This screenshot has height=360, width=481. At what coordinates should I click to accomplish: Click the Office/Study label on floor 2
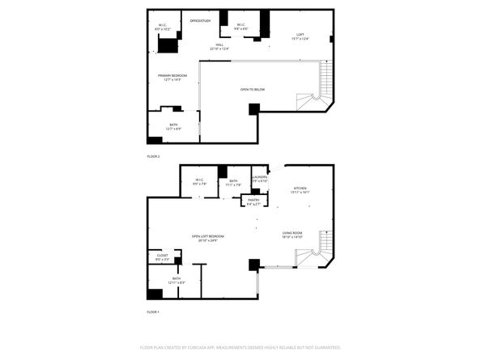(x=200, y=20)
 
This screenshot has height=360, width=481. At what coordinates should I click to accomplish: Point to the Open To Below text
(x=252, y=89)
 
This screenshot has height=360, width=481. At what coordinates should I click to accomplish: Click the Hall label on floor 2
(x=219, y=46)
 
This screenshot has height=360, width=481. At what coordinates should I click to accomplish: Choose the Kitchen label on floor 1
(x=300, y=189)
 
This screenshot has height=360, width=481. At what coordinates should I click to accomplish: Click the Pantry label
(x=253, y=201)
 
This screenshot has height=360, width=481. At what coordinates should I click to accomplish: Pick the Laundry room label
(x=260, y=178)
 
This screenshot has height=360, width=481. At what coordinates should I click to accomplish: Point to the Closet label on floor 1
(x=162, y=257)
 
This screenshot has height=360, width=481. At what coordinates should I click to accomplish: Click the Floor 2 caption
(x=153, y=155)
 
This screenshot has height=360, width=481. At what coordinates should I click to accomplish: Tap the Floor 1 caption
(x=153, y=311)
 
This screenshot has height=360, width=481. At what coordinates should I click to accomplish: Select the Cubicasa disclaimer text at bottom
(x=240, y=346)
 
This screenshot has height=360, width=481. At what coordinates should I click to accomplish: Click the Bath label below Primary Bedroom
(x=173, y=126)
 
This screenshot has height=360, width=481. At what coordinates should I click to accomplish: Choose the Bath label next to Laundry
(x=233, y=182)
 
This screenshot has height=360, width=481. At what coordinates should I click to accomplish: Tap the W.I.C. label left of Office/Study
(x=163, y=26)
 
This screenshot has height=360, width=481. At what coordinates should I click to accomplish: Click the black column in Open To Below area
(x=254, y=109)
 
